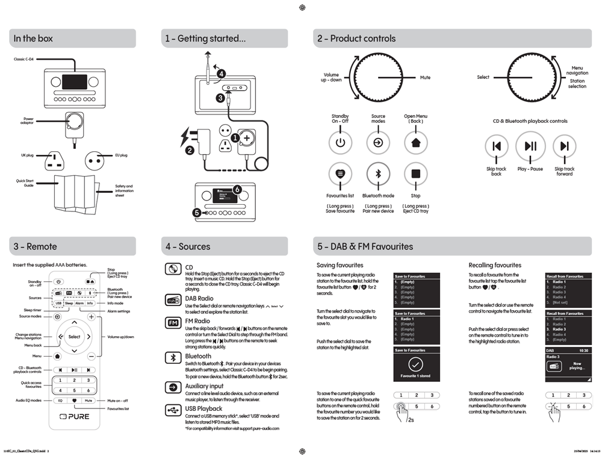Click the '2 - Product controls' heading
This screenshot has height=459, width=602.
click(x=356, y=39)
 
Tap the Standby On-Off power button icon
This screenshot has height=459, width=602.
click(x=340, y=143)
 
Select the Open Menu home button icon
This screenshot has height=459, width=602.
click(x=415, y=143)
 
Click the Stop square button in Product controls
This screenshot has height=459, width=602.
click(x=415, y=174)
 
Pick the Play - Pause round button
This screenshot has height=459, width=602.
click(x=530, y=146)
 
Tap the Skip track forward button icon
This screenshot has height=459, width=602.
click(x=564, y=146)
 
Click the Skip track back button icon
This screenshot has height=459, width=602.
click(x=497, y=146)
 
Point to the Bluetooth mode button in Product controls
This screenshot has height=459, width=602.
click(x=378, y=174)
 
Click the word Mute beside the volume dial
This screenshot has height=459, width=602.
click(x=425, y=77)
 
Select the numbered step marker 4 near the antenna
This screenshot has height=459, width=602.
click(x=222, y=73)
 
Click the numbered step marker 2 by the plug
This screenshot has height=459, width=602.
click(x=190, y=151)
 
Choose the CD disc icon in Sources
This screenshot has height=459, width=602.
click(x=173, y=269)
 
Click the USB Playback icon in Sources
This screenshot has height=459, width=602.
click(x=173, y=410)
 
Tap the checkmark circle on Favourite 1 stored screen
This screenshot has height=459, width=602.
click(x=415, y=365)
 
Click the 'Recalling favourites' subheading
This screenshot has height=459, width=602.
click(x=495, y=265)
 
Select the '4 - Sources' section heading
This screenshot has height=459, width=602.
click(x=188, y=246)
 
